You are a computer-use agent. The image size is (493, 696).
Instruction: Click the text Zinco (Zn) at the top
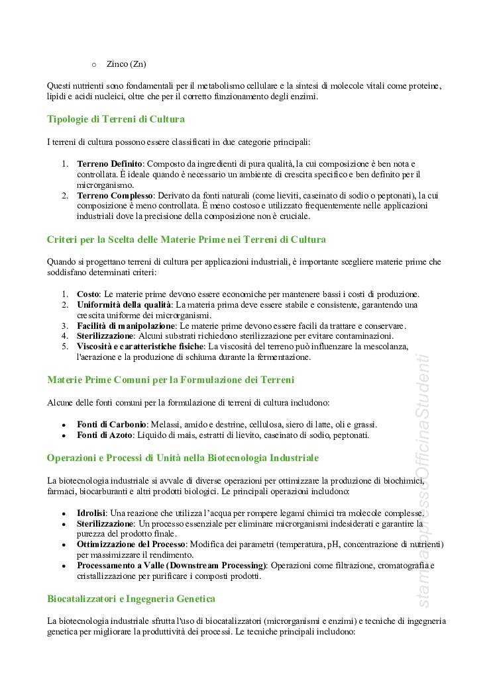(x=126, y=64)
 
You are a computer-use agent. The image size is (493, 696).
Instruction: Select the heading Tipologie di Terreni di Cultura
(x=115, y=120)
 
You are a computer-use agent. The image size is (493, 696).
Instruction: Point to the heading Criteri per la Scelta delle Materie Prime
(x=186, y=239)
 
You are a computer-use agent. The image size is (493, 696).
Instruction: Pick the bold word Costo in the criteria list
(x=87, y=294)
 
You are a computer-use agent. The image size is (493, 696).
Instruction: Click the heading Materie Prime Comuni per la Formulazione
(x=170, y=380)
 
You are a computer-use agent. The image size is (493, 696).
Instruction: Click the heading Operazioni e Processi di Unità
(x=183, y=457)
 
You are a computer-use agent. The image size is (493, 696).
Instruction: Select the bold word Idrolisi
(x=91, y=512)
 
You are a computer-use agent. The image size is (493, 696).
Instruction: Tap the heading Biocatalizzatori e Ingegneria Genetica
(x=131, y=599)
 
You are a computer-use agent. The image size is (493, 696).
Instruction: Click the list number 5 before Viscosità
(x=65, y=347)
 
